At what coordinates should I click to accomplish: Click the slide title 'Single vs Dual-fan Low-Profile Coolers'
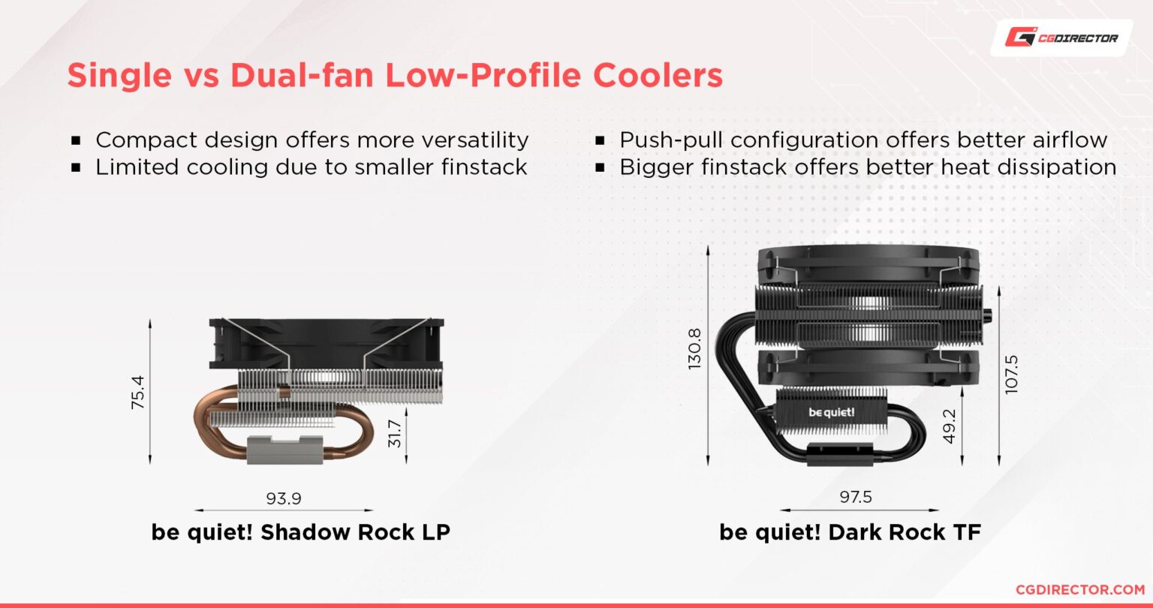pyautogui.click(x=395, y=77)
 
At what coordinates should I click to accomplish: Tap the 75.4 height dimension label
pyautogui.click(x=137, y=392)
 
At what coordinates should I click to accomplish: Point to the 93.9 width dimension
pyautogui.click(x=284, y=498)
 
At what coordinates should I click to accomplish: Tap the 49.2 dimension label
pyautogui.click(x=950, y=426)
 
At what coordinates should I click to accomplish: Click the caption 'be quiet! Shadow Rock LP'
pyautogui.click(x=301, y=532)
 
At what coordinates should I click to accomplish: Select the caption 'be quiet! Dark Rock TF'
pyautogui.click(x=850, y=532)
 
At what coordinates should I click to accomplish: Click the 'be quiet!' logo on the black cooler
pyautogui.click(x=831, y=411)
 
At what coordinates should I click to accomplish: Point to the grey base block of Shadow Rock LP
pyautogui.click(x=284, y=449)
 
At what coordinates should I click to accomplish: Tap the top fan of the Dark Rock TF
pyautogui.click(x=868, y=264)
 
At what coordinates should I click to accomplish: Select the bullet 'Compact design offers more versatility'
pyautogui.click(x=312, y=140)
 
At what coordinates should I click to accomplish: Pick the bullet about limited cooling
pyautogui.click(x=311, y=167)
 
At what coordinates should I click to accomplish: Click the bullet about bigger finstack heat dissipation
pyautogui.click(x=867, y=167)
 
